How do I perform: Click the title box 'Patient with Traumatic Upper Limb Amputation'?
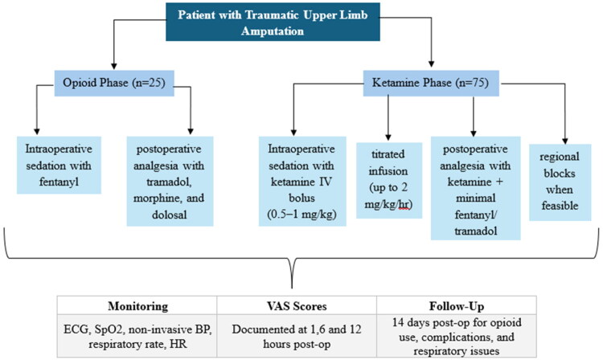point(273,22)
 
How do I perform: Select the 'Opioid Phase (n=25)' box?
point(114,83)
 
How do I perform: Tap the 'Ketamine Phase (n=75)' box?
point(431,83)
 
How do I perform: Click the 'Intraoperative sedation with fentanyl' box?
point(59,165)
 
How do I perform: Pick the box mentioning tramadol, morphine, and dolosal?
point(170,181)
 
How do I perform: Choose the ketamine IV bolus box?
point(302,181)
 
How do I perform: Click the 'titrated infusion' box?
point(389,180)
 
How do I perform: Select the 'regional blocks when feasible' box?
point(560,182)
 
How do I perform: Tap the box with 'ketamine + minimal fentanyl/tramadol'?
point(476,188)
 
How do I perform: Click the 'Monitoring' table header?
point(137,306)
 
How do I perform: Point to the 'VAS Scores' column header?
point(297,306)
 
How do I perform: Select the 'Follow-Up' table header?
point(457,306)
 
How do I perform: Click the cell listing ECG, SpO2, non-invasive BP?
point(137,336)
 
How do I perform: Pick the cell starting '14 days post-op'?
point(457,336)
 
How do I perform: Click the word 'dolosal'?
point(169,215)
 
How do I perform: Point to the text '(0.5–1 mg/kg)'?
point(301,214)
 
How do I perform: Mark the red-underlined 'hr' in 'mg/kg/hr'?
point(404,204)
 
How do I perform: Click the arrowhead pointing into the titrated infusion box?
point(388,137)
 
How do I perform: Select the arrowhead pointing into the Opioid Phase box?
point(114,66)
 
